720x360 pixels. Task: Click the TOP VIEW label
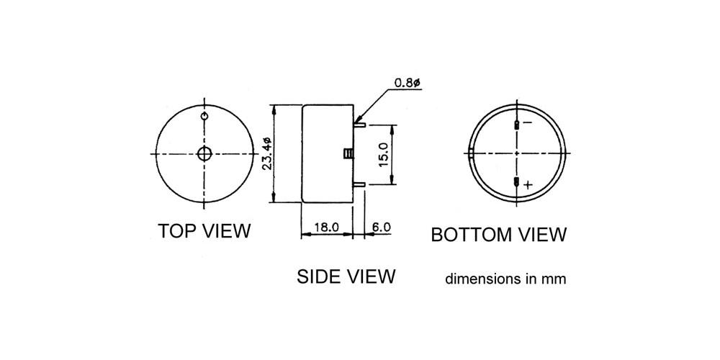pyautogui.click(x=204, y=231)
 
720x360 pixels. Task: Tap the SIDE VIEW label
pyautogui.click(x=346, y=276)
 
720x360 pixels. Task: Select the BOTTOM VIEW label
pyautogui.click(x=499, y=235)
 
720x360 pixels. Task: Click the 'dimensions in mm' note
pyautogui.click(x=505, y=279)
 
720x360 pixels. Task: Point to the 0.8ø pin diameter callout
pyautogui.click(x=408, y=83)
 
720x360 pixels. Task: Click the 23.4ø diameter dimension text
pyautogui.click(x=268, y=154)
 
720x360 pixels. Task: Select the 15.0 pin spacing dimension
pyautogui.click(x=384, y=154)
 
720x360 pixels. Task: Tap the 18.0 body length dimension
pyautogui.click(x=326, y=226)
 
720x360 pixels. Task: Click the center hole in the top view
pyautogui.click(x=204, y=154)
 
